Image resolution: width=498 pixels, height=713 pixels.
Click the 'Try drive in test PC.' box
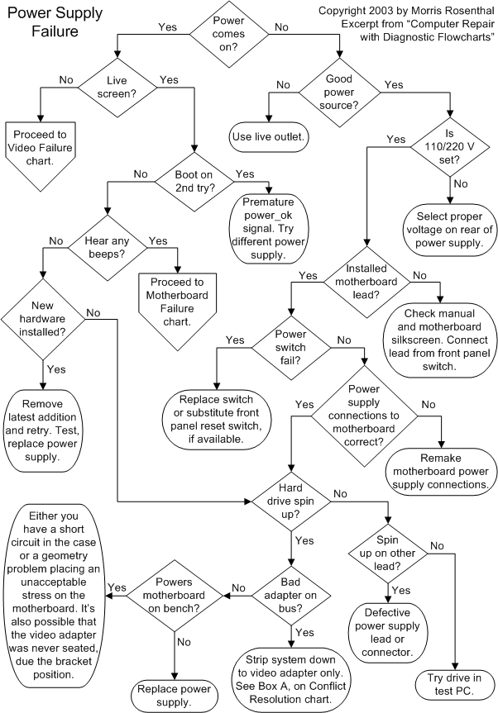454,682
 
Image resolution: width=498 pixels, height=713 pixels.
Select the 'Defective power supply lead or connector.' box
388,633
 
